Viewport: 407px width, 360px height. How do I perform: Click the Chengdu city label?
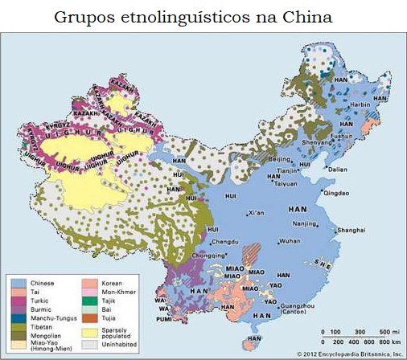tap(226, 240)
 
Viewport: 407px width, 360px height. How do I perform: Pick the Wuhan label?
tap(290, 240)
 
